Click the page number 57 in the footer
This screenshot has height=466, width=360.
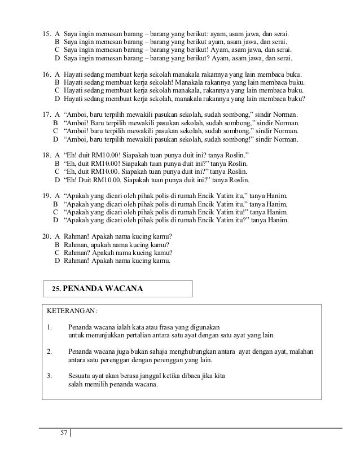[63, 433]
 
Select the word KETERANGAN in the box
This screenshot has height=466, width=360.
[71, 310]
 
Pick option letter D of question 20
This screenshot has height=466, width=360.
[57, 261]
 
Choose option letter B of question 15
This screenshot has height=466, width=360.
[57, 42]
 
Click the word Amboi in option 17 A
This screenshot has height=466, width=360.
[78, 115]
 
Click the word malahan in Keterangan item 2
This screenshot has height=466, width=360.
[302, 351]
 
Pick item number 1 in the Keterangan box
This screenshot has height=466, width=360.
[49, 327]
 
